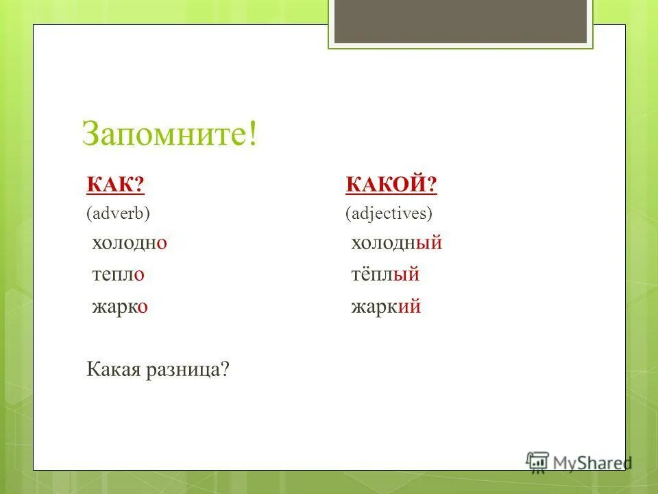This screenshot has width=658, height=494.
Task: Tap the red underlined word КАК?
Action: pyautogui.click(x=115, y=185)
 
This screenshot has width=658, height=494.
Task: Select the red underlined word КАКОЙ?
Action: pyautogui.click(x=391, y=185)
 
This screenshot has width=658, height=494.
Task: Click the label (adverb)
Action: pyautogui.click(x=118, y=213)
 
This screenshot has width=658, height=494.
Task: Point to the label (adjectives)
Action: pyautogui.click(x=389, y=213)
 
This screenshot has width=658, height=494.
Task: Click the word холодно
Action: pyautogui.click(x=130, y=243)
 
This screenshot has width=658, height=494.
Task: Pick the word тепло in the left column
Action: pyautogui.click(x=118, y=274)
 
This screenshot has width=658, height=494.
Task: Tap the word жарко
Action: pyautogui.click(x=121, y=307)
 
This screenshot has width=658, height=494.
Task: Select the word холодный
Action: pyautogui.click(x=396, y=243)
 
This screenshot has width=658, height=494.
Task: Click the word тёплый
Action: pyautogui.click(x=385, y=274)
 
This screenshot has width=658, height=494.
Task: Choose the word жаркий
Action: pyautogui.click(x=385, y=307)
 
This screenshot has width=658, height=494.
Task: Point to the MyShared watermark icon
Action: pyautogui.click(x=537, y=461)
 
